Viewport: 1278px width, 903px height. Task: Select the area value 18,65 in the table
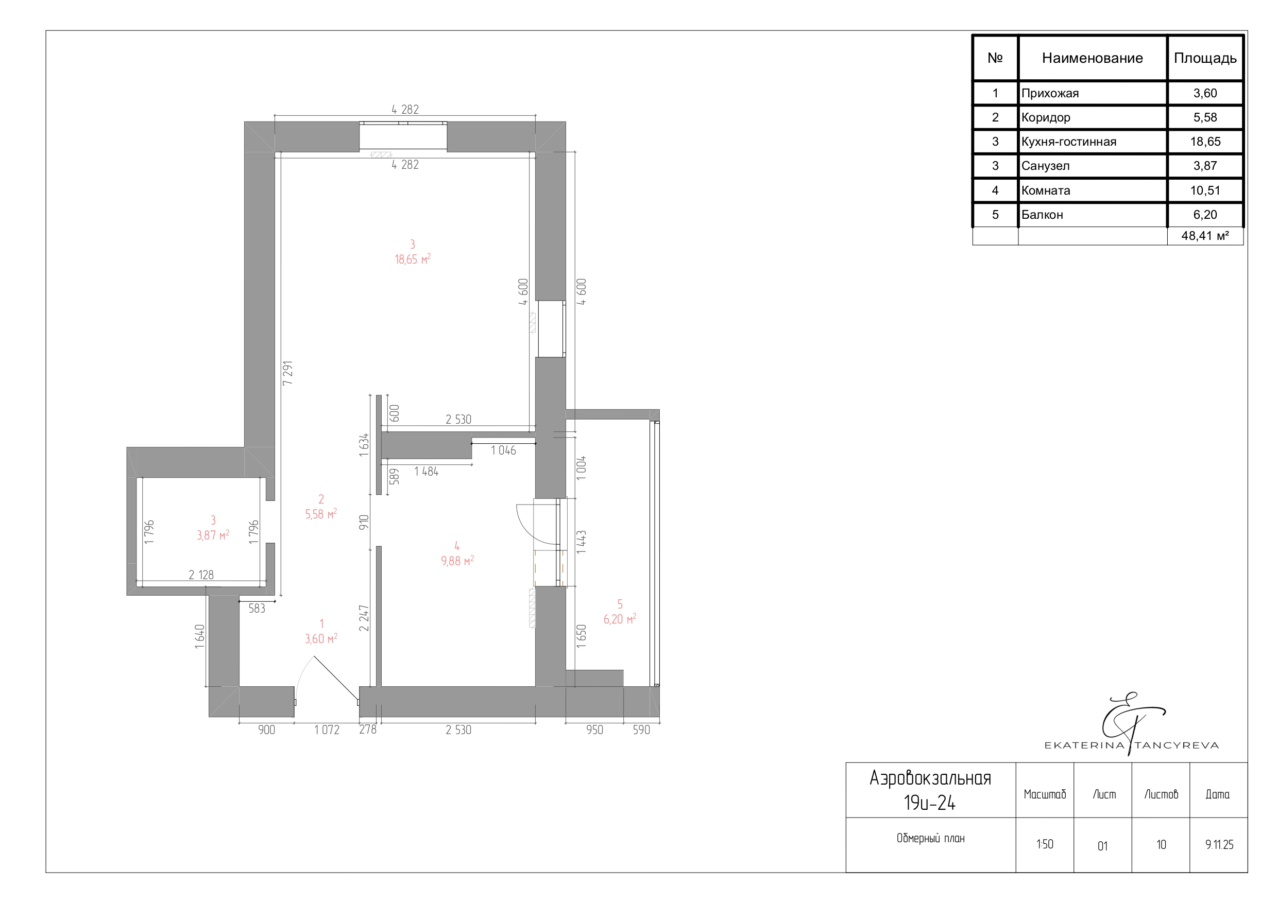point(1205,142)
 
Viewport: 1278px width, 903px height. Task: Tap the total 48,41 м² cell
point(1205,236)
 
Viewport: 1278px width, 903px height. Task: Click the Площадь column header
point(1205,58)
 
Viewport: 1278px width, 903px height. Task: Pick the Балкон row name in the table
point(1042,215)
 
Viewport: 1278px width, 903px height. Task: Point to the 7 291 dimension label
point(288,373)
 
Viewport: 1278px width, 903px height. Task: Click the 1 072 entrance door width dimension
point(327,730)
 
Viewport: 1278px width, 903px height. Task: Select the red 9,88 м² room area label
point(457,561)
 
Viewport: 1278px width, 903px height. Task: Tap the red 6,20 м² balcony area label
point(620,619)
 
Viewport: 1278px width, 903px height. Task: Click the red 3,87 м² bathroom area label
point(213,535)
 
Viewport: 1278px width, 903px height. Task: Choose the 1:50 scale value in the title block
point(1045,844)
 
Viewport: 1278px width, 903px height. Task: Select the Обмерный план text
point(931,838)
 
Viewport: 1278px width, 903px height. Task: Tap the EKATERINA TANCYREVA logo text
point(1132,745)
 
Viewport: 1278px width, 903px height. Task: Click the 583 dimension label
point(257,609)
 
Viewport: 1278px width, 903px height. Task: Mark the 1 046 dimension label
point(503,450)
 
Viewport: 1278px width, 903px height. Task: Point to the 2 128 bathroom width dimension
point(201,575)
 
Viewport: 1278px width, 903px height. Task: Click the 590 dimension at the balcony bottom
point(641,730)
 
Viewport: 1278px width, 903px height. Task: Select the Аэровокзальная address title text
point(931,778)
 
